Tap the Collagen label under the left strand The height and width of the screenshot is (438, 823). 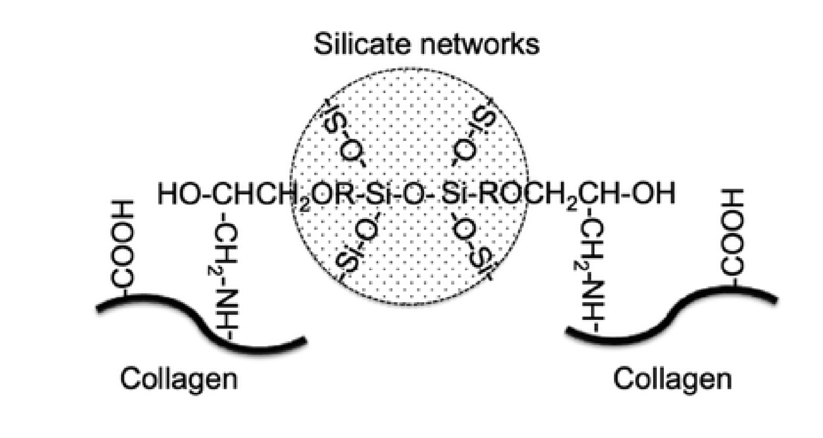point(179,379)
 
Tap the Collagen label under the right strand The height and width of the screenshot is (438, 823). point(672,379)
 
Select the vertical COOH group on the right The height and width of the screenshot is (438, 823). point(733,232)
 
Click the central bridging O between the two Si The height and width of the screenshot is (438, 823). point(415,193)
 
